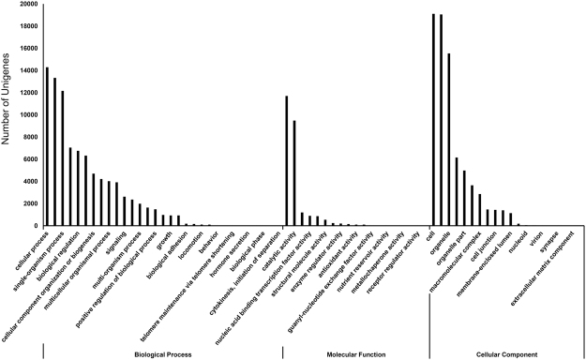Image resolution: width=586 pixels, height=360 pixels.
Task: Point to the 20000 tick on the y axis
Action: coord(25,5)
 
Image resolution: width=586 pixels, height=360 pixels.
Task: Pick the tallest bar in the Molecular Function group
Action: coord(287,160)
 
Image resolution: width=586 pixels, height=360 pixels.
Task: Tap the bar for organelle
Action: coord(449,140)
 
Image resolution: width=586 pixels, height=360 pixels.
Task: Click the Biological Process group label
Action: coord(162,354)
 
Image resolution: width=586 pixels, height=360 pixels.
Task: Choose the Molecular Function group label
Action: coord(356,354)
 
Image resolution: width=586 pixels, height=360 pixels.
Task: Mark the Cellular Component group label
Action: coord(506,354)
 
